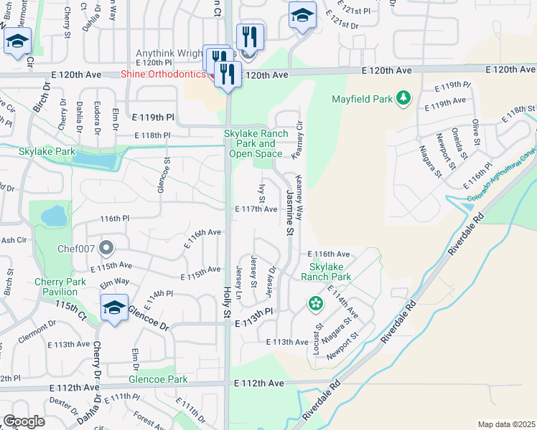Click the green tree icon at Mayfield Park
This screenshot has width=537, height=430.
(404, 97)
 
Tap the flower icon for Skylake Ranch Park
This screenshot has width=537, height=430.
(315, 304)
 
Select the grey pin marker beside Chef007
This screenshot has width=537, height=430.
(107, 248)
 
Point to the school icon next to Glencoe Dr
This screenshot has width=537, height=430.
(114, 309)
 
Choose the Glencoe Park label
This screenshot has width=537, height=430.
(157, 379)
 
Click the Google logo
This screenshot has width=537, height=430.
(24, 421)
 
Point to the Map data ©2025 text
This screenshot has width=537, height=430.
(506, 424)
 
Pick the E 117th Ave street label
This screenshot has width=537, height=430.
(256, 209)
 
